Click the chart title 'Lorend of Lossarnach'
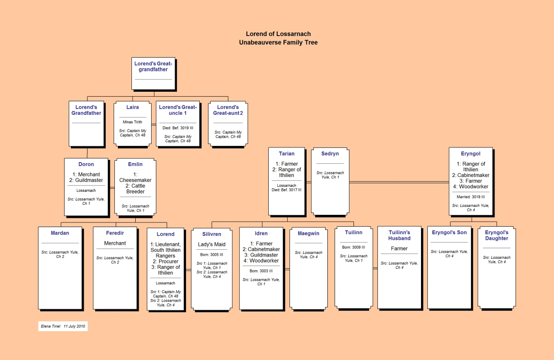point(278,34)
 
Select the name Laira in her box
point(133,107)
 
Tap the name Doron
point(86,164)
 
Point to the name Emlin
point(135,164)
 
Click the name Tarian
point(286,153)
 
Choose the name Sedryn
point(330,153)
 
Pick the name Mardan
point(60,233)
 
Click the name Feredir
point(115,233)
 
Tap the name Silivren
point(212,234)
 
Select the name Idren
point(261,233)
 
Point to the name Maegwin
point(308,233)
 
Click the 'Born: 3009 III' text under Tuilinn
point(353,247)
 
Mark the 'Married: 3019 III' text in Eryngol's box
point(471,197)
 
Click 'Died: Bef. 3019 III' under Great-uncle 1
point(178,128)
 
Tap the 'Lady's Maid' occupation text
point(212,244)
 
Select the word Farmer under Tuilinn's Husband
point(399,248)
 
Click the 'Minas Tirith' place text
point(133,122)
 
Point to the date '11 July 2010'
point(74,326)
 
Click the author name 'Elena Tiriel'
point(51,326)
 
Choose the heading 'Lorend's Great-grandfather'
point(153,66)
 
